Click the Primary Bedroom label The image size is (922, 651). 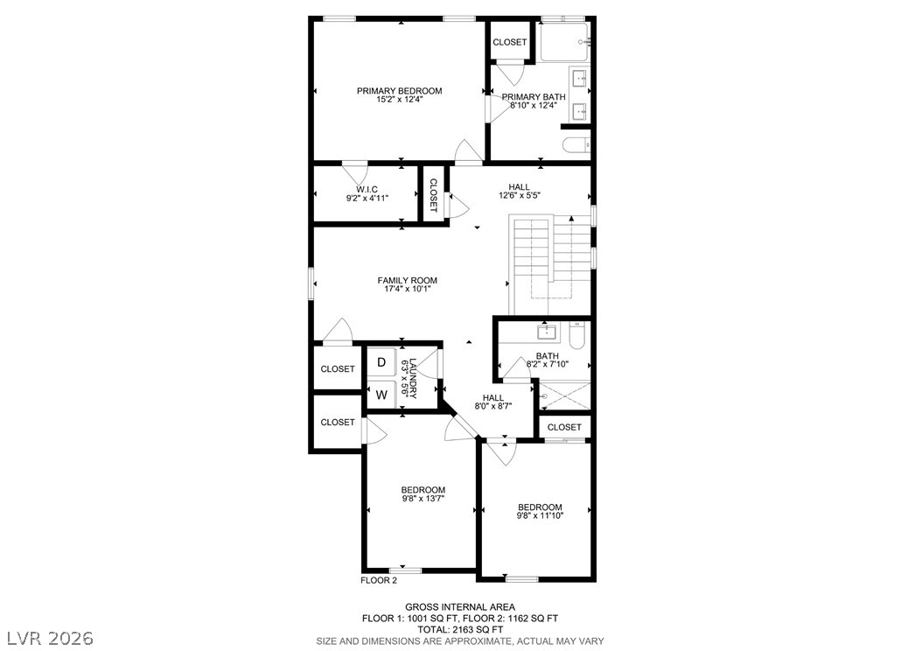(399, 91)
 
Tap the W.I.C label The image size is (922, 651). (367, 189)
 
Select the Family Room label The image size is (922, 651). (407, 281)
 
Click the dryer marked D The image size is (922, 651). (381, 362)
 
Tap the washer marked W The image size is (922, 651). (381, 395)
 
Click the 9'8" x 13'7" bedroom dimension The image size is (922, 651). (423, 498)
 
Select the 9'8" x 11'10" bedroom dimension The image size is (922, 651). (540, 515)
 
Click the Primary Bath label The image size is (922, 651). (534, 97)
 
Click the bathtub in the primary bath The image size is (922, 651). (564, 42)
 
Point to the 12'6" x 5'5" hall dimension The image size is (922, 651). (519, 195)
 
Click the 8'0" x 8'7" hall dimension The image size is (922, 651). (493, 406)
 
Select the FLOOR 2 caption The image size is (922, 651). (379, 580)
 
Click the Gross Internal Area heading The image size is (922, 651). (460, 607)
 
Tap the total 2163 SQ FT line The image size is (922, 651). (460, 629)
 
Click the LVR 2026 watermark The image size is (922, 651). (50, 638)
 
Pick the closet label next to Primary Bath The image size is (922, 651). (509, 42)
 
